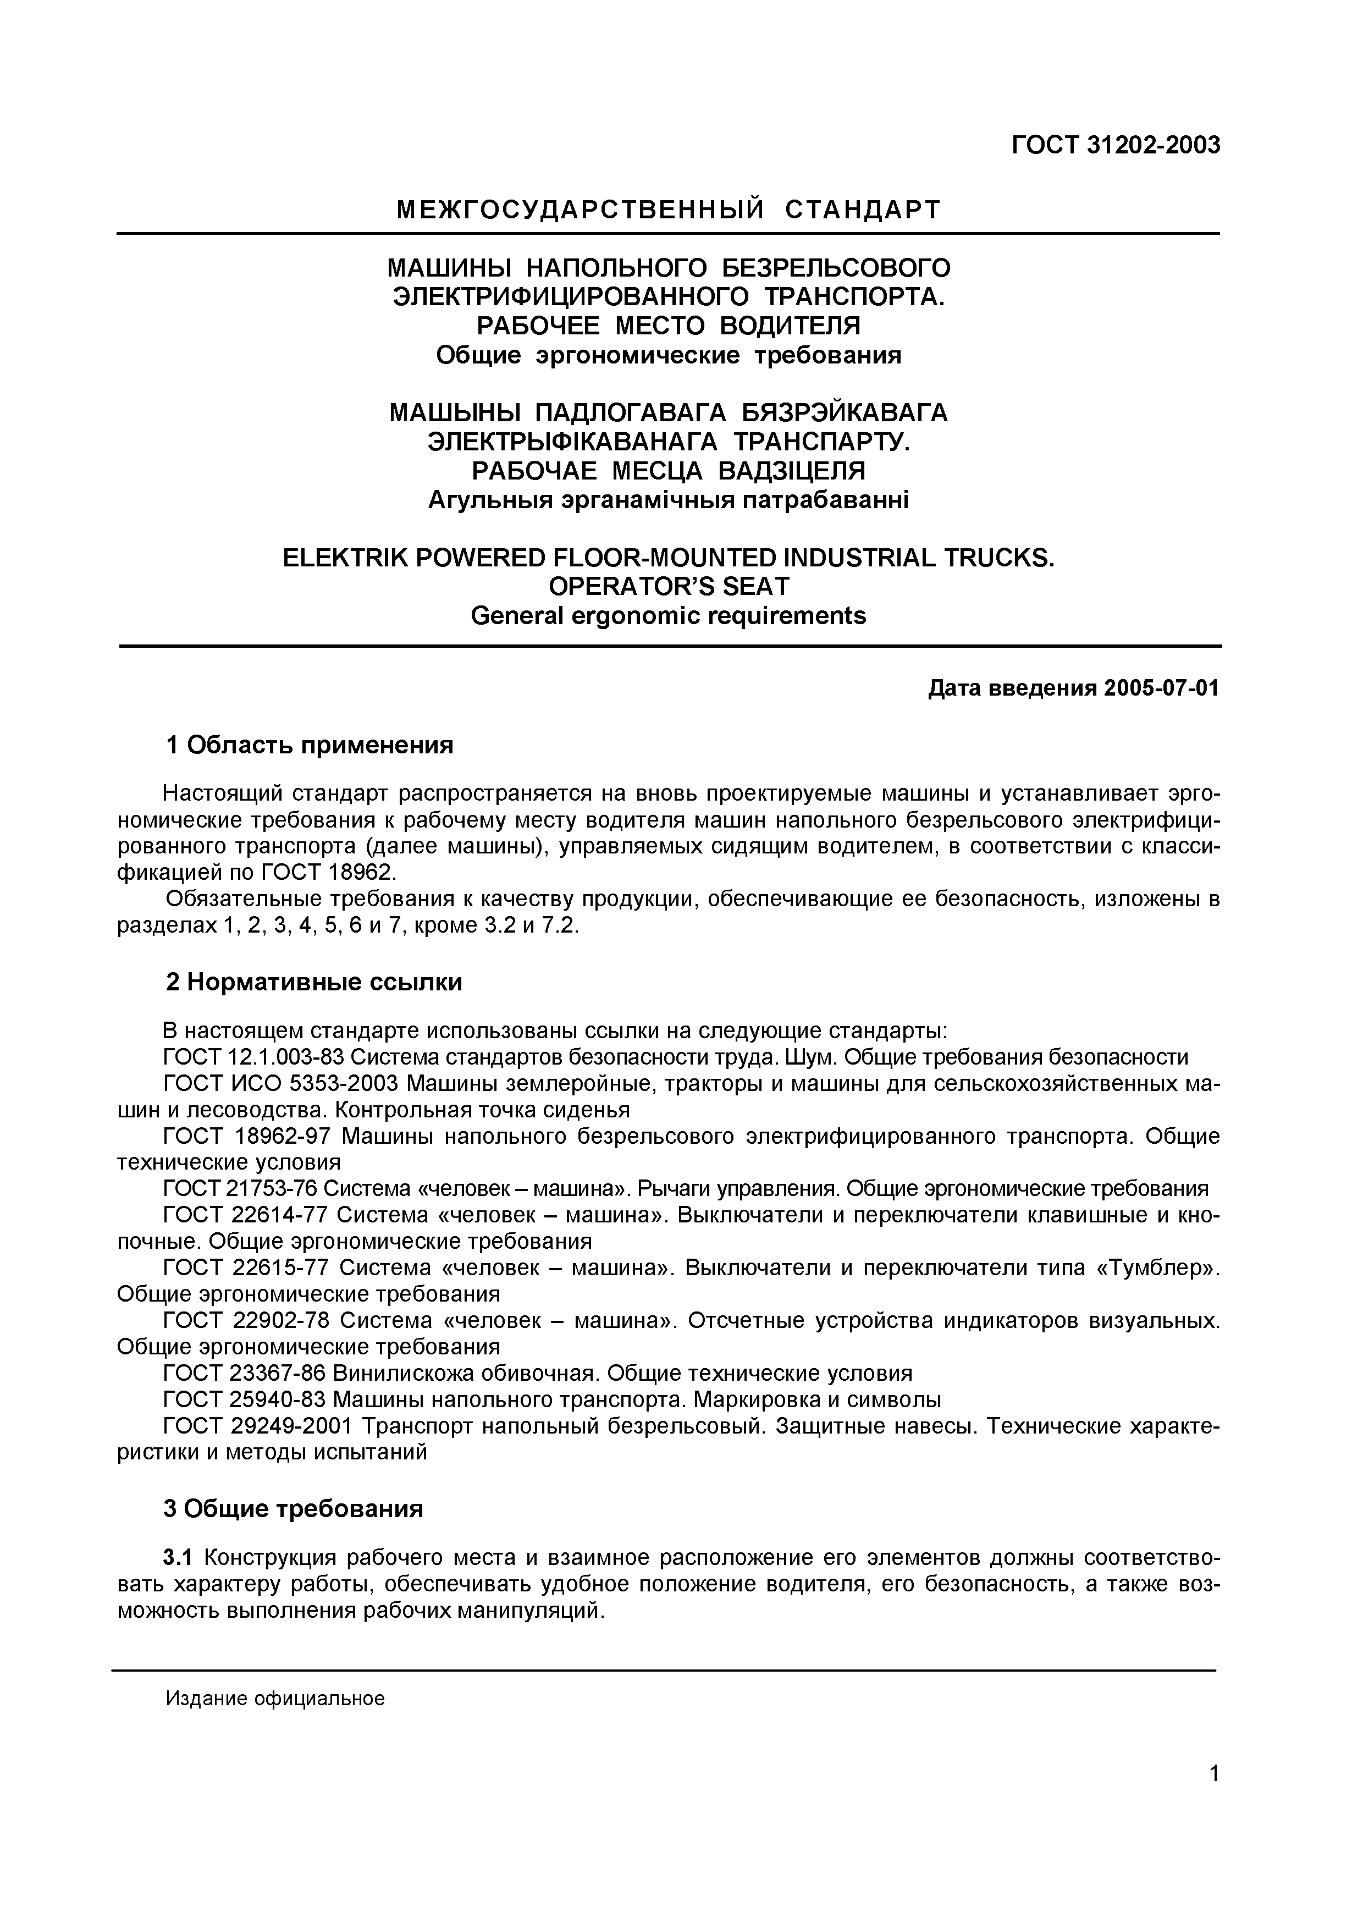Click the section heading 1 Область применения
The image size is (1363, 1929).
[309, 745]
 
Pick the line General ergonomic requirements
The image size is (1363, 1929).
[669, 616]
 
